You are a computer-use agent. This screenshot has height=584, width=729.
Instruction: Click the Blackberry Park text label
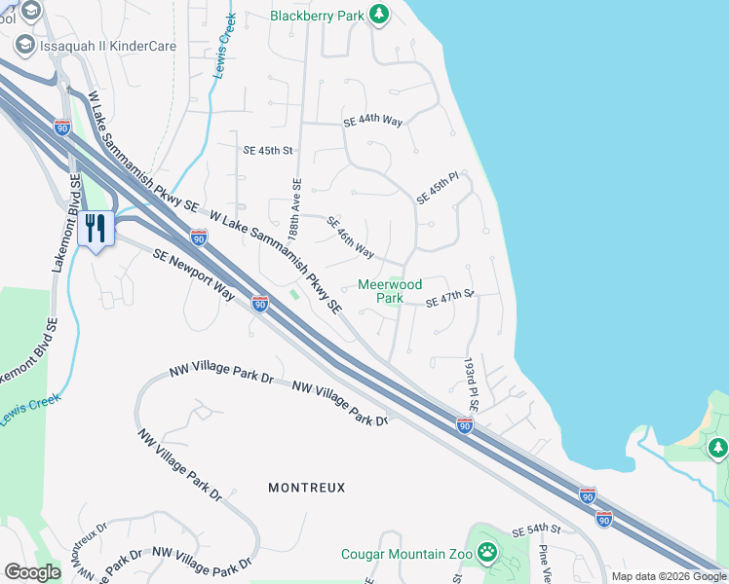pyautogui.click(x=316, y=16)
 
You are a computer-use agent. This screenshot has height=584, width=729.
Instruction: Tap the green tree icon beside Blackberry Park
pyautogui.click(x=379, y=15)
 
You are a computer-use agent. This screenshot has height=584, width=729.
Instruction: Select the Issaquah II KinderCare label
pyautogui.click(x=108, y=45)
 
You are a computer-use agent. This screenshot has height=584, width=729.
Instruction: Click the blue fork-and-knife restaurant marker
pyautogui.click(x=96, y=230)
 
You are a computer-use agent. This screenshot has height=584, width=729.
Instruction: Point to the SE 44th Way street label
pyautogui.click(x=373, y=122)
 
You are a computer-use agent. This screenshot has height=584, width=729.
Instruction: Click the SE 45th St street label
pyautogui.click(x=268, y=151)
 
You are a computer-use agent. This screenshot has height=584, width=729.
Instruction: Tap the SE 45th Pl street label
pyautogui.click(x=437, y=188)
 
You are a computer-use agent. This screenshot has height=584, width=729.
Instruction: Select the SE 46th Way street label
pyautogui.click(x=350, y=237)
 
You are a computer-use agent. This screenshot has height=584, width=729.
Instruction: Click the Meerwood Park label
pyautogui.click(x=390, y=291)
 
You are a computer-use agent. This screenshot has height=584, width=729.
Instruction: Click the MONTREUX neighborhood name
pyautogui.click(x=306, y=487)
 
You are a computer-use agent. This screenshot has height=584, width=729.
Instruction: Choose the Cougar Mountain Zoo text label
pyautogui.click(x=406, y=555)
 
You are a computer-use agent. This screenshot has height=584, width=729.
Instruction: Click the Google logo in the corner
pyautogui.click(x=32, y=572)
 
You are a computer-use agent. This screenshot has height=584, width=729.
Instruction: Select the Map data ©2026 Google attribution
pyautogui.click(x=668, y=576)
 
